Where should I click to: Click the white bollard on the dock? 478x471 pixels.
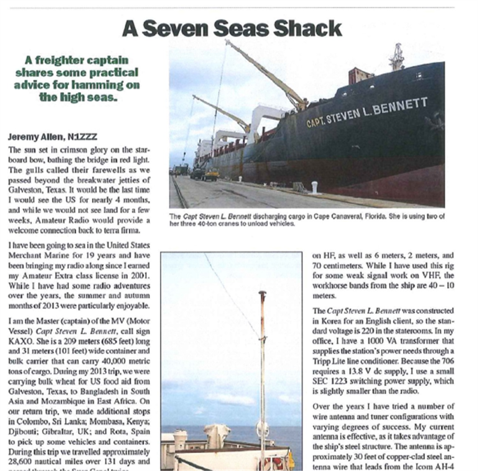click(315, 187)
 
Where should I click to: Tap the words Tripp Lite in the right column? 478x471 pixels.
click(329, 361)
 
